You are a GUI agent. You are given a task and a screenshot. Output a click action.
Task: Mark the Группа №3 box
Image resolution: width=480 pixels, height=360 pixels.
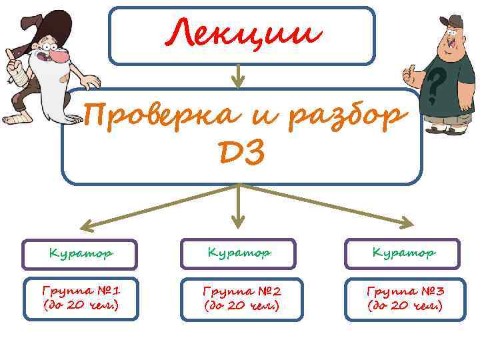point(405,299)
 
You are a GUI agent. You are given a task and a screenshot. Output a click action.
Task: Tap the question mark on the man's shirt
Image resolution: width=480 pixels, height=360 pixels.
point(436,83)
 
